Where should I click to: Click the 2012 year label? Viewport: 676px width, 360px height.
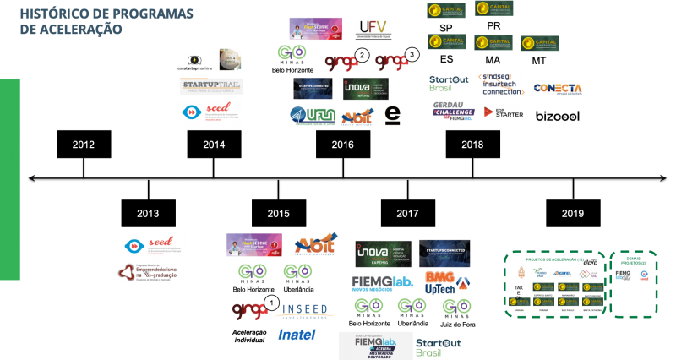[x=83, y=145]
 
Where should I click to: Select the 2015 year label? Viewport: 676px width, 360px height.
[x=278, y=214]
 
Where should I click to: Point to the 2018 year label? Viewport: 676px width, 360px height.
[x=472, y=145]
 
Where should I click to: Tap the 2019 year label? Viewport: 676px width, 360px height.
[x=572, y=214]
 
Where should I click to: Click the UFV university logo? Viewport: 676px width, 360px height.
[x=373, y=30]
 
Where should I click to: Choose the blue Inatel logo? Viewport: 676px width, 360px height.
[x=297, y=335]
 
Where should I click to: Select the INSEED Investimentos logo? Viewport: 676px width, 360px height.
[x=304, y=311]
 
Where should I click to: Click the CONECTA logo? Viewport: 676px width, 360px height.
[x=557, y=88]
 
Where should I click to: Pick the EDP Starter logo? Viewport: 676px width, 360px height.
[x=504, y=112]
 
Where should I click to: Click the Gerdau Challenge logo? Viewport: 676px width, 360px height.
[x=453, y=111]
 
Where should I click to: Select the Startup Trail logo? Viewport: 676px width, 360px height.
[x=211, y=86]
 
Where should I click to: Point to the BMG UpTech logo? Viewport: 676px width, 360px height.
[x=446, y=282]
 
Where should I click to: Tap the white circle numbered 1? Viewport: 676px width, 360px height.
[x=270, y=302]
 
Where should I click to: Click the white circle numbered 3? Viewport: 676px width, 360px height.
[x=411, y=55]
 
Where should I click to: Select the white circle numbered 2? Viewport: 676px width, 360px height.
[x=362, y=55]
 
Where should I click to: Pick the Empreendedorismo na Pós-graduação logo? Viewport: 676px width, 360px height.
[x=147, y=272]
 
